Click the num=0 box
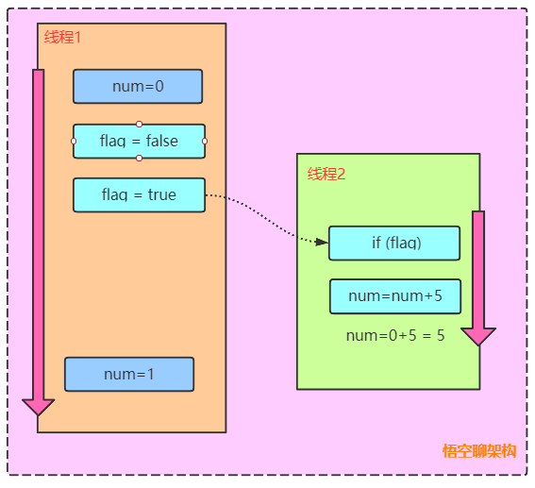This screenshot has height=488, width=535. [x=138, y=86]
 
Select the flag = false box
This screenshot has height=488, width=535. [x=139, y=141]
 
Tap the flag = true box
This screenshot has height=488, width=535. [x=139, y=194]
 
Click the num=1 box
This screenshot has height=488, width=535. [x=129, y=374]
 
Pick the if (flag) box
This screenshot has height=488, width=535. [x=394, y=243]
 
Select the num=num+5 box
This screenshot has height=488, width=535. [x=394, y=295]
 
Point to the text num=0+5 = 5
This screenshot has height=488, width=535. [x=395, y=335]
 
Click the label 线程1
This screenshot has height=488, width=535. [x=63, y=37]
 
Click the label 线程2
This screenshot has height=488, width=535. [x=326, y=174]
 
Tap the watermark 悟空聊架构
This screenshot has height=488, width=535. [x=479, y=450]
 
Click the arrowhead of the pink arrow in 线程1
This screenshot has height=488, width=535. [x=39, y=406]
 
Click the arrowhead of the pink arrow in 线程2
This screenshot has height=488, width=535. [x=478, y=335]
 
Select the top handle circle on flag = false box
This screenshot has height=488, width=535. [x=139, y=124]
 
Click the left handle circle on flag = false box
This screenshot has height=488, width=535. [x=74, y=141]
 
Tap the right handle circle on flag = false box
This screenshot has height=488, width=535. [x=205, y=141]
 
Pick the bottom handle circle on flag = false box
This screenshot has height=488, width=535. [x=139, y=158]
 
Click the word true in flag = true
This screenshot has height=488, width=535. [x=161, y=194]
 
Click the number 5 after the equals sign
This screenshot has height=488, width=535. [x=441, y=335]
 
